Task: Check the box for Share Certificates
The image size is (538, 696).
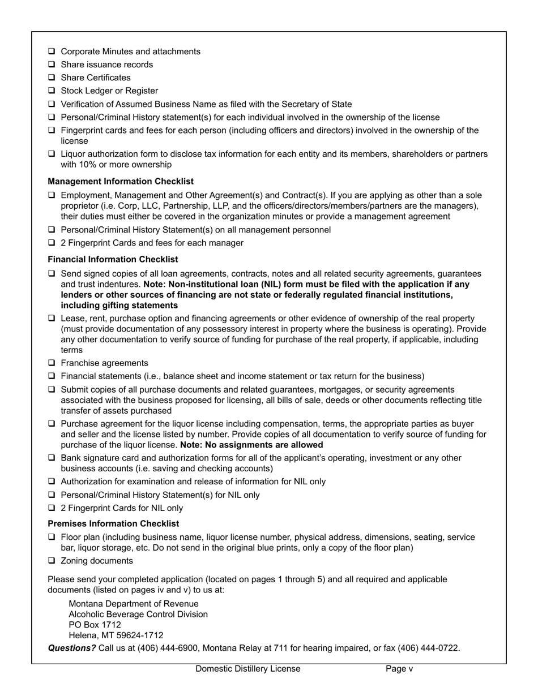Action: (x=52, y=78)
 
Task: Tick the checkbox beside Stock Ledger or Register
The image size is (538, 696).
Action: (x=52, y=91)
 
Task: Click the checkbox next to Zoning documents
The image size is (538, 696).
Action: (x=52, y=561)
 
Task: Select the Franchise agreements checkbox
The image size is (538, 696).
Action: (x=52, y=363)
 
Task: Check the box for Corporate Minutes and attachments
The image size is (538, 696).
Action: (x=52, y=51)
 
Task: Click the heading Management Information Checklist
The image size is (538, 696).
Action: (x=121, y=182)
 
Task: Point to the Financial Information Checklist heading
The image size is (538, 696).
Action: (x=113, y=259)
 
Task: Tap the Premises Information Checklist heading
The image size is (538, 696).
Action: (x=113, y=523)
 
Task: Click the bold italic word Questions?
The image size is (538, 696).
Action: (x=72, y=648)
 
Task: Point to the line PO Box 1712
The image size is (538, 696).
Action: (x=95, y=625)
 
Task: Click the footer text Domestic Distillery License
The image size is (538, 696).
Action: (x=248, y=669)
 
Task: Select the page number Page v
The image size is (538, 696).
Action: (x=399, y=669)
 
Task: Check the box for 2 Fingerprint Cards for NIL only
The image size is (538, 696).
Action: (x=52, y=508)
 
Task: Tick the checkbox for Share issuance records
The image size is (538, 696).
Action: (x=52, y=65)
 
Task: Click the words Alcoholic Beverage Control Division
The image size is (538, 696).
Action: (x=138, y=615)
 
